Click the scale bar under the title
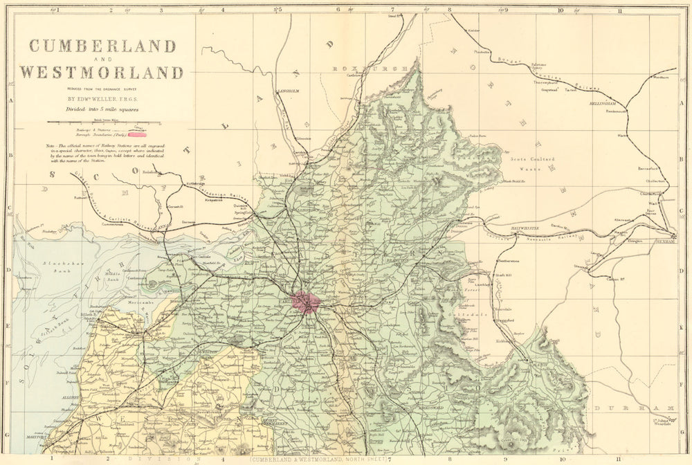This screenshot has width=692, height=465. click(103, 122)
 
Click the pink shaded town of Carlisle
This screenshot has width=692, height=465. click(305, 302)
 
